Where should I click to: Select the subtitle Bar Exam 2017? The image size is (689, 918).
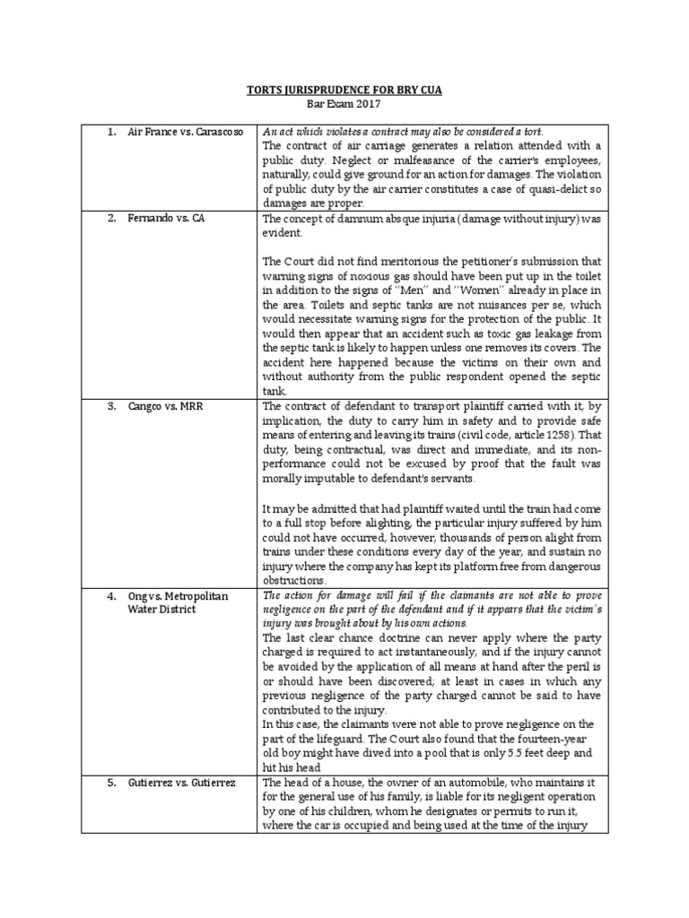[x=344, y=105]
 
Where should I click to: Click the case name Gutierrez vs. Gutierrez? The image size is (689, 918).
[x=182, y=783]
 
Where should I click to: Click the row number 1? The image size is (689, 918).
[x=111, y=132]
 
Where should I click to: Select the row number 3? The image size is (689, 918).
[x=111, y=406]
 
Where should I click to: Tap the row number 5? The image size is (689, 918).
[x=111, y=783]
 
